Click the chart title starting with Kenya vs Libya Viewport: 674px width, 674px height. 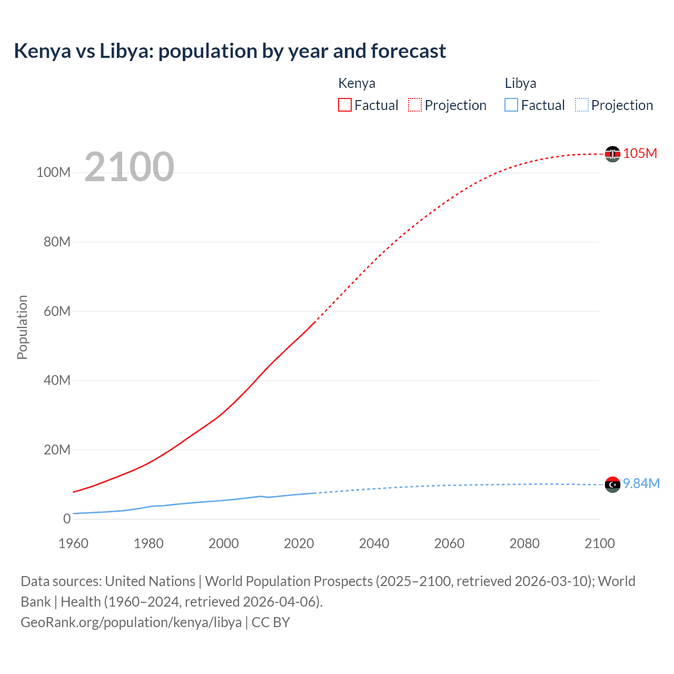[x=230, y=51]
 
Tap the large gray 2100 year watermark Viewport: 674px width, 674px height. [x=129, y=167]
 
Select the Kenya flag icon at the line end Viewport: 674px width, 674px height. [x=612, y=154]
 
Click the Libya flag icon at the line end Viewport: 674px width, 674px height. [x=612, y=484]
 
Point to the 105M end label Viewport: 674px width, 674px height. [x=640, y=153]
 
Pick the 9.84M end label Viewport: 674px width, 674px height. [x=641, y=483]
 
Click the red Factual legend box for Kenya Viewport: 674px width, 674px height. [x=345, y=105]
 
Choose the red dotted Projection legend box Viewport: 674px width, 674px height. [x=415, y=105]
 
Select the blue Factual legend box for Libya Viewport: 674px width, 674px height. [x=511, y=105]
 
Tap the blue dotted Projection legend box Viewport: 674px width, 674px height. [x=582, y=105]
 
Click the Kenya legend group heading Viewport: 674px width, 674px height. [x=356, y=83]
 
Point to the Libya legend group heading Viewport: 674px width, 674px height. [x=520, y=83]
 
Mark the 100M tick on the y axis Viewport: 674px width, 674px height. [x=53, y=173]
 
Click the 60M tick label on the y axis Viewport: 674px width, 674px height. [x=57, y=311]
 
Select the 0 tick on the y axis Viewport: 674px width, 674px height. [x=66, y=519]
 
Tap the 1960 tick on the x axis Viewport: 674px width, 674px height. [x=73, y=543]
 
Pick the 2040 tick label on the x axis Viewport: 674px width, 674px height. [x=374, y=543]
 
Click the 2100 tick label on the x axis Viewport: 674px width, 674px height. [x=599, y=543]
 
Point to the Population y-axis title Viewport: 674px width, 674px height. [x=22, y=327]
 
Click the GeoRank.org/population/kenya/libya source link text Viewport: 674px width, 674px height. [x=131, y=622]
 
